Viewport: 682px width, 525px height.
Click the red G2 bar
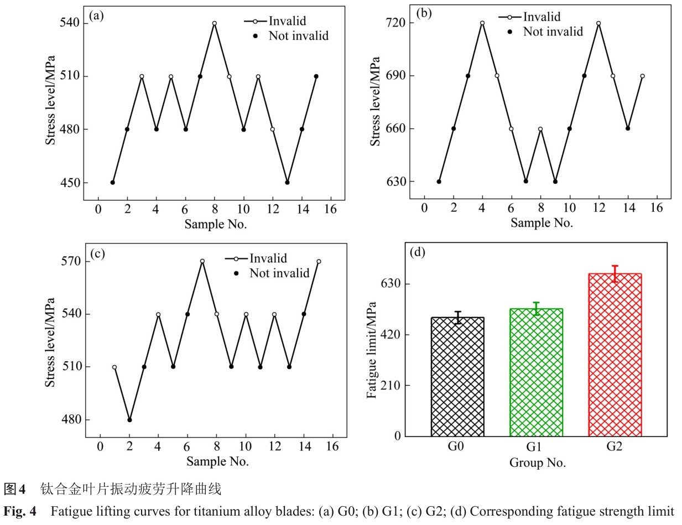[615, 355]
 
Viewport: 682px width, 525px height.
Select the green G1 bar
[536, 372]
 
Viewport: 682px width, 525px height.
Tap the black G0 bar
[457, 377]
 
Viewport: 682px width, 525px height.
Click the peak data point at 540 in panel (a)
[214, 23]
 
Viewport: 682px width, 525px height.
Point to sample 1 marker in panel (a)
[113, 183]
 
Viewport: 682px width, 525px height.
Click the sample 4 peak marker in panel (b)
[482, 23]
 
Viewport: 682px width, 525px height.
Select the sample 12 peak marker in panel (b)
[598, 23]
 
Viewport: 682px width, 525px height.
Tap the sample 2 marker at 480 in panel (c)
[129, 419]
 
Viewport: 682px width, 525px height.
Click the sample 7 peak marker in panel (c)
[202, 261]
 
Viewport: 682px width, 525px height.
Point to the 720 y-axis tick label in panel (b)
[399, 23]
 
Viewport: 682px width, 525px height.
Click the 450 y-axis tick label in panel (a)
[71, 183]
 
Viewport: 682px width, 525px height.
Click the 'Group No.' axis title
[537, 462]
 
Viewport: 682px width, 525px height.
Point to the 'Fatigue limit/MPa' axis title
[372, 350]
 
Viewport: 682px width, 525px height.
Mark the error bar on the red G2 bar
[615, 273]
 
